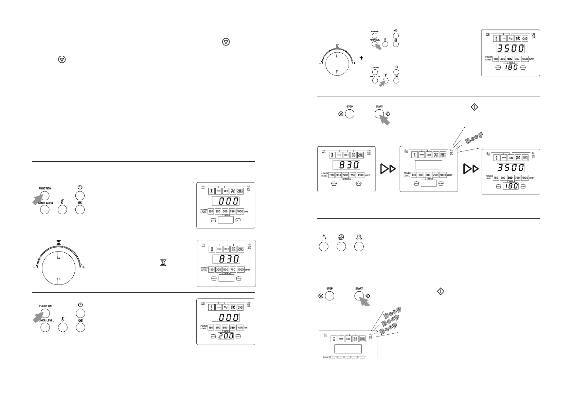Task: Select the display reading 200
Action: coord(226,336)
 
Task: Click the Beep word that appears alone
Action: coord(471,139)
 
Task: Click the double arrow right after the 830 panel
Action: coord(388,168)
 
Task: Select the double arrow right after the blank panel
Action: coord(470,168)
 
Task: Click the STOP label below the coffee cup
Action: coord(329,289)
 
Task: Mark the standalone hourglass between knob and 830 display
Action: coord(164,263)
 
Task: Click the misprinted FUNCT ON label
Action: coord(45,306)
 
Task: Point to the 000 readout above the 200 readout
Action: coord(226,317)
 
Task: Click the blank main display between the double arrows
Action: coord(429,165)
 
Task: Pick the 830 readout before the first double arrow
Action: coord(346,165)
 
